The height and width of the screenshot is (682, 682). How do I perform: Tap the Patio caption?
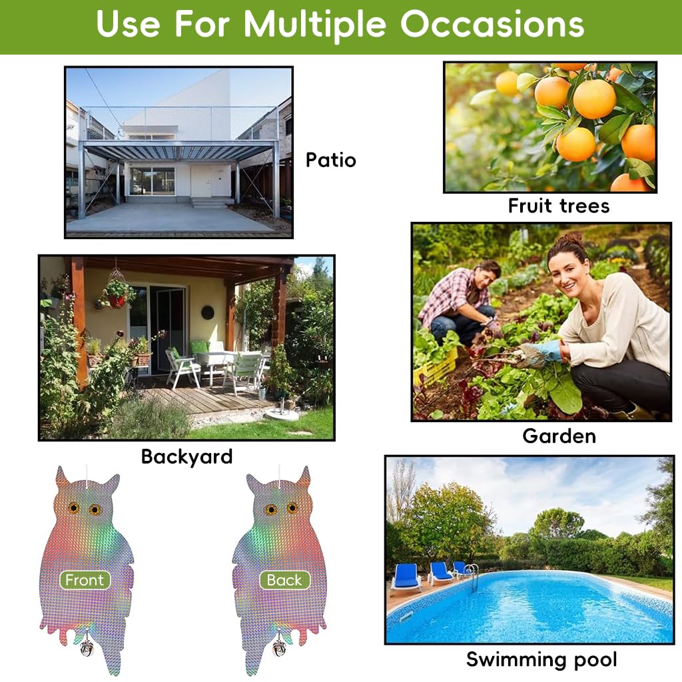click(x=330, y=160)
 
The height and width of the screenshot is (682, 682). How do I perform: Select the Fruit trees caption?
click(x=558, y=206)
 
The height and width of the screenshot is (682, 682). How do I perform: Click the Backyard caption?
click(x=186, y=457)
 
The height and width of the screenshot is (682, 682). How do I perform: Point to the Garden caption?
click(x=558, y=436)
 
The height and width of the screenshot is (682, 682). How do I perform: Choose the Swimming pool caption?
click(x=541, y=659)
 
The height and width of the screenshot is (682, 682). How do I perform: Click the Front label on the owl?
click(x=85, y=580)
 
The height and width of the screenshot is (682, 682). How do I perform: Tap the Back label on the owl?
click(x=284, y=580)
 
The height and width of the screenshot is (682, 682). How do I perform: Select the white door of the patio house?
click(x=200, y=180)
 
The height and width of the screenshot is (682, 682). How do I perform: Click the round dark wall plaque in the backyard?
click(x=208, y=312)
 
